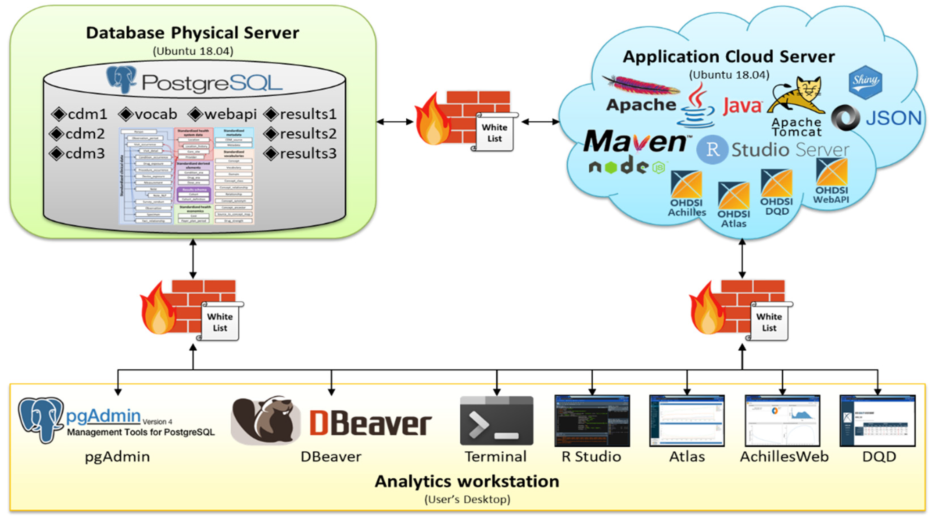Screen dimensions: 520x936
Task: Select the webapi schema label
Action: [x=230, y=114]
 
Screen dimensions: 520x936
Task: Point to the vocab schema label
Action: [x=156, y=114]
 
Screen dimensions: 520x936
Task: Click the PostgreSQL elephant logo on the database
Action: [x=121, y=79]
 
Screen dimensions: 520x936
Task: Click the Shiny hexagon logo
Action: [x=865, y=82]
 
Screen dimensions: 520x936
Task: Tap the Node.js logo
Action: [x=627, y=167]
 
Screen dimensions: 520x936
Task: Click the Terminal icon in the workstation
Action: [x=496, y=421]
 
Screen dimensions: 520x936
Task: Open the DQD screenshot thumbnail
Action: [x=877, y=421]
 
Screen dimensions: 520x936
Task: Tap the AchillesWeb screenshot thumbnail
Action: [x=782, y=421]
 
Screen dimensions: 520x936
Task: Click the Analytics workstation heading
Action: [x=467, y=481]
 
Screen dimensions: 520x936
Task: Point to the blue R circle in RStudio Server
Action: [x=712, y=150]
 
